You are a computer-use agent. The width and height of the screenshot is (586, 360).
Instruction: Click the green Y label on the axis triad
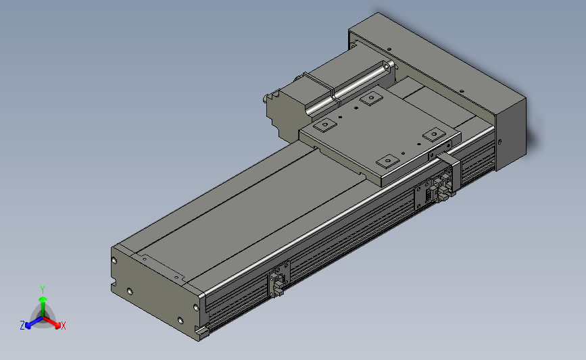[43, 290]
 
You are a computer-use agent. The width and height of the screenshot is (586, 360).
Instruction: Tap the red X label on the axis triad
[63, 326]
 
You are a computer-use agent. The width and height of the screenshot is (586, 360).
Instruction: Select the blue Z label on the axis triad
[22, 326]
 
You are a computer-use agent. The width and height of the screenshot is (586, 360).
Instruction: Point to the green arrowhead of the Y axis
[43, 299]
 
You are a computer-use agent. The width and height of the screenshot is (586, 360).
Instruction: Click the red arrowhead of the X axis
[57, 326]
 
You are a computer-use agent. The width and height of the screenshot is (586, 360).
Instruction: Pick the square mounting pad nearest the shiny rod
[371, 99]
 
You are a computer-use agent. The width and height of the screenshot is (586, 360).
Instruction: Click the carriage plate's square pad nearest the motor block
[325, 125]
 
